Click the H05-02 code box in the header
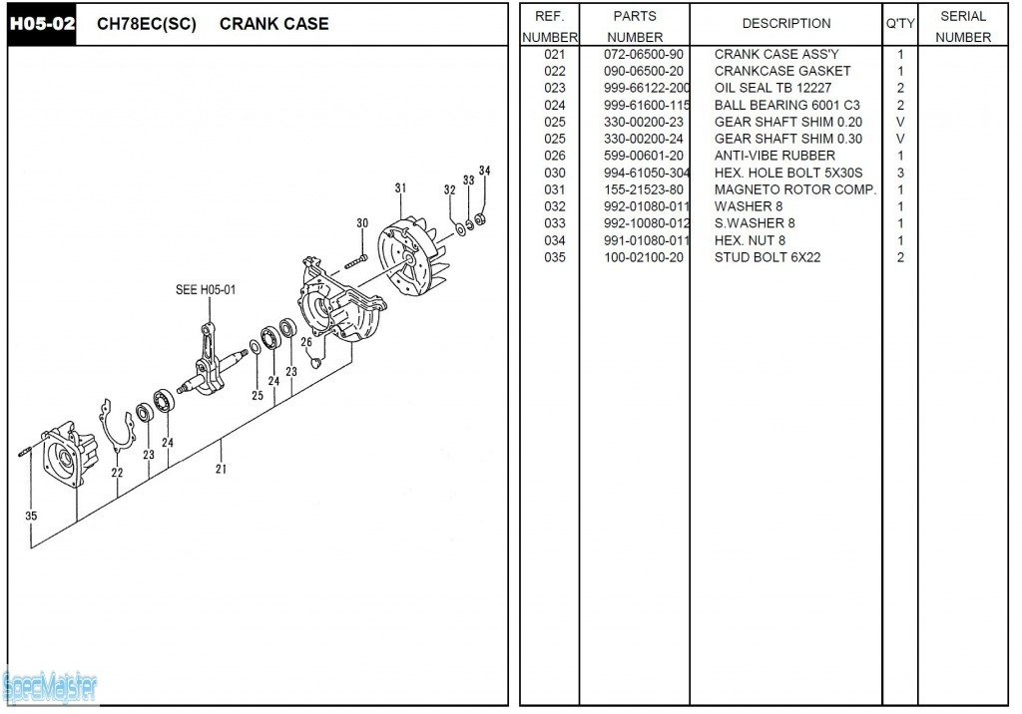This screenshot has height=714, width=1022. (x=43, y=24)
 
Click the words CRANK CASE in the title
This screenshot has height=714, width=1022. (x=273, y=24)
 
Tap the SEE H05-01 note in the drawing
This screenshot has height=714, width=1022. (x=206, y=290)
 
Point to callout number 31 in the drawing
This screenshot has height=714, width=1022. (x=400, y=188)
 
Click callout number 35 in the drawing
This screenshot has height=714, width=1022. (x=31, y=517)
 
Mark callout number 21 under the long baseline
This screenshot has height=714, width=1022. (x=221, y=468)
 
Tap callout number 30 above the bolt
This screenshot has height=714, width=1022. (x=362, y=223)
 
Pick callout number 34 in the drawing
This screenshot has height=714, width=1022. (x=485, y=171)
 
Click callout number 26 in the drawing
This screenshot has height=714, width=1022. (x=306, y=342)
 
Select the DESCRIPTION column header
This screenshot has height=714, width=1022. (x=785, y=24)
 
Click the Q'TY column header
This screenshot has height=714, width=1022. (x=899, y=24)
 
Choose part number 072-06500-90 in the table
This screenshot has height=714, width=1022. (x=644, y=54)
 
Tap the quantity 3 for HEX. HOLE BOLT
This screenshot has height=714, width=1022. (x=900, y=173)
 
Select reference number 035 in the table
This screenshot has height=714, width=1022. (x=555, y=257)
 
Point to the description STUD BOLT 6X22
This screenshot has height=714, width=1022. (x=767, y=257)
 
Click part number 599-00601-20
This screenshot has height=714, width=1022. (x=644, y=156)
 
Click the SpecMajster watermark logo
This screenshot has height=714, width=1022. (x=50, y=686)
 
